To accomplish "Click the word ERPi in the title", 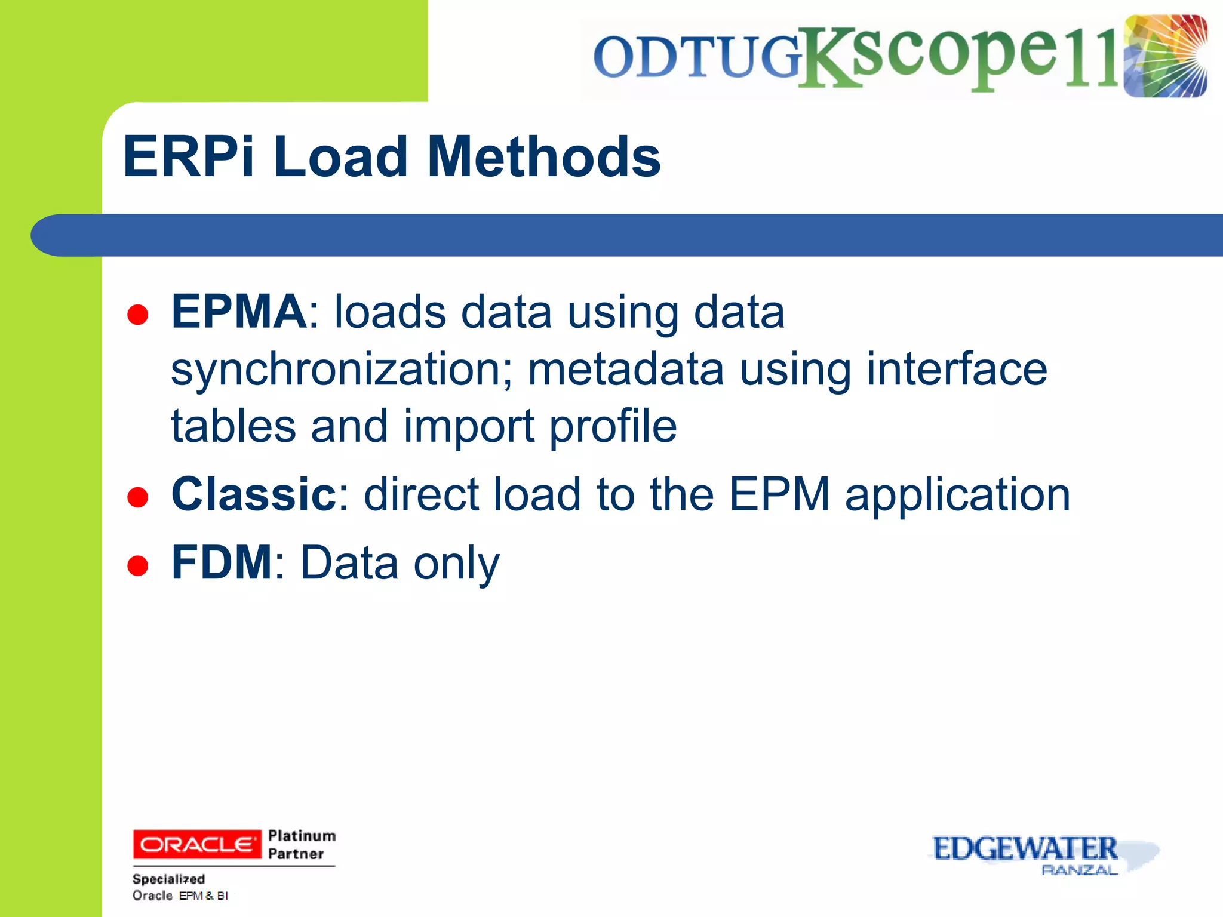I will pos(189,156).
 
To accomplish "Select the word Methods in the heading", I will pos(544,156).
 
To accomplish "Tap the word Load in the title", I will pos(341,156).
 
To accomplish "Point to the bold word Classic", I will pos(254,494).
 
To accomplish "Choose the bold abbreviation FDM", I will pos(222,562).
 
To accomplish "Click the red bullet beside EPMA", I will pos(138,315).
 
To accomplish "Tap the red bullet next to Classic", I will pos(138,497).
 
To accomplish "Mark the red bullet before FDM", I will pos(138,565).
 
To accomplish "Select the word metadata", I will pos(625,369).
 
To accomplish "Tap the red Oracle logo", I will pos(196,844).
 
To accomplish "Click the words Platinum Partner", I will pos(302,844).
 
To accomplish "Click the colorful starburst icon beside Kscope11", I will pos(1165,56).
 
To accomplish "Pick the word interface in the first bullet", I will pos(956,369).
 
